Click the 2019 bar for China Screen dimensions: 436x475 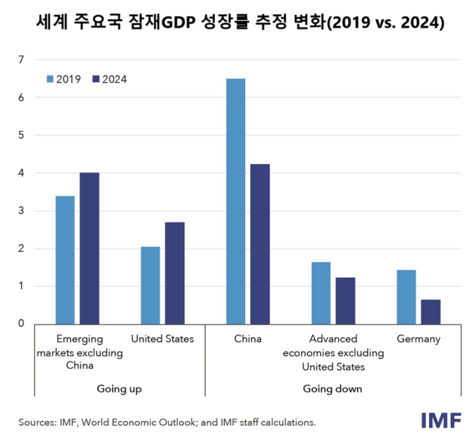tap(235, 201)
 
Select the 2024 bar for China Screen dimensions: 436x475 tap(260, 244)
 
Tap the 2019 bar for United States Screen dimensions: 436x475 tap(150, 285)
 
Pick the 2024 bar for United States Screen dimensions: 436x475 tap(175, 273)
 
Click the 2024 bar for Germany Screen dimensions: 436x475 tap(430, 311)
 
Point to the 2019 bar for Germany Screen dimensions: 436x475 tap(406, 297)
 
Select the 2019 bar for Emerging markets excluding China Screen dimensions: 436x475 tap(65, 260)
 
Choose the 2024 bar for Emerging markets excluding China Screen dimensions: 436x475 tap(90, 248)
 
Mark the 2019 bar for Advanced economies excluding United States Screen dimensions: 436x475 tap(321, 293)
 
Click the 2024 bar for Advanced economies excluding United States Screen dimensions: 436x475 tap(345, 300)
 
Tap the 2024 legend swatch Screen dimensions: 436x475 tap(97, 79)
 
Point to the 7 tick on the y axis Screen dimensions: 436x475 tap(20, 60)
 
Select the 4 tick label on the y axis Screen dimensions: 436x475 tap(20, 173)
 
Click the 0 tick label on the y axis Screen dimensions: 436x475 tap(20, 324)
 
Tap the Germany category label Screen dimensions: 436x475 tap(418, 339)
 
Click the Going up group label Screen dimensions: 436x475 tap(119, 389)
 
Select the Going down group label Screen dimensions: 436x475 tap(332, 389)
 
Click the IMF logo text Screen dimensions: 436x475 tap(442, 420)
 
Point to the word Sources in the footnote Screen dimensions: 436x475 tap(37, 423)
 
